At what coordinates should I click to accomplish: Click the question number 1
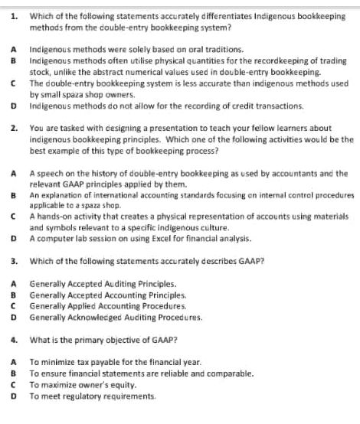(x=14, y=15)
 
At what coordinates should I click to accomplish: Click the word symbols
(x=58, y=228)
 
